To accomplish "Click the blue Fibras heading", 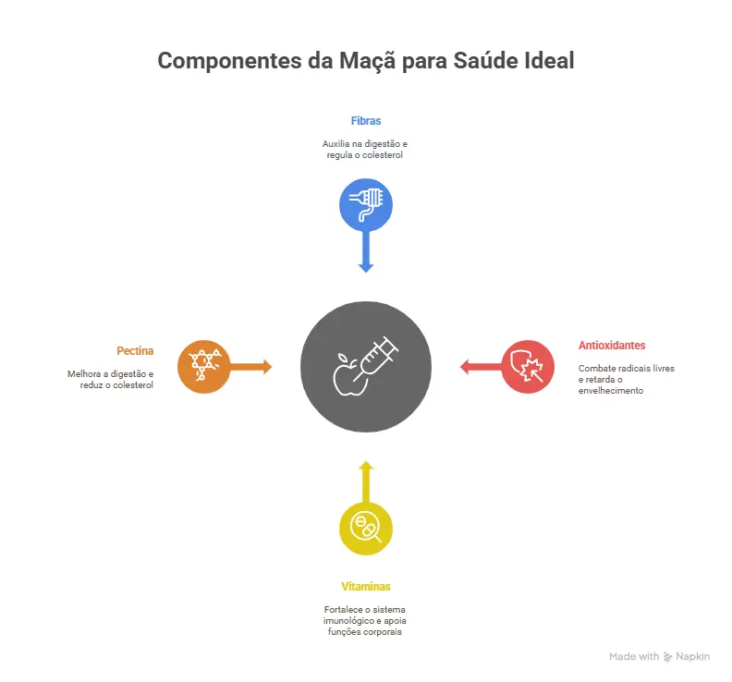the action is click(365, 121).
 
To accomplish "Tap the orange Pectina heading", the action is click(135, 351).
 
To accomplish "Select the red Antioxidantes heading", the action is click(612, 346).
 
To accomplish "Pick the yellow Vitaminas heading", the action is click(365, 587).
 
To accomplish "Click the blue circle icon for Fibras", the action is click(365, 205).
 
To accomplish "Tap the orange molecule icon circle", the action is click(204, 367).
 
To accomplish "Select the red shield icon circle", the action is click(528, 367).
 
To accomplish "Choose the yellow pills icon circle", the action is click(365, 529).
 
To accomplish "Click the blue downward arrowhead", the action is click(365, 268).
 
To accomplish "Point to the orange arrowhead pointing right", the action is click(267, 367).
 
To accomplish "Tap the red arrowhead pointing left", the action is click(465, 367).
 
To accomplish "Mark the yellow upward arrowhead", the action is click(366, 466).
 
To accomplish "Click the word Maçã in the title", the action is click(367, 61).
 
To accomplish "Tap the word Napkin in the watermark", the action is click(692, 656).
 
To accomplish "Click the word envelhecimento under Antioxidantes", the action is click(611, 391).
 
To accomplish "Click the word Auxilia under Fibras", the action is click(335, 144).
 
